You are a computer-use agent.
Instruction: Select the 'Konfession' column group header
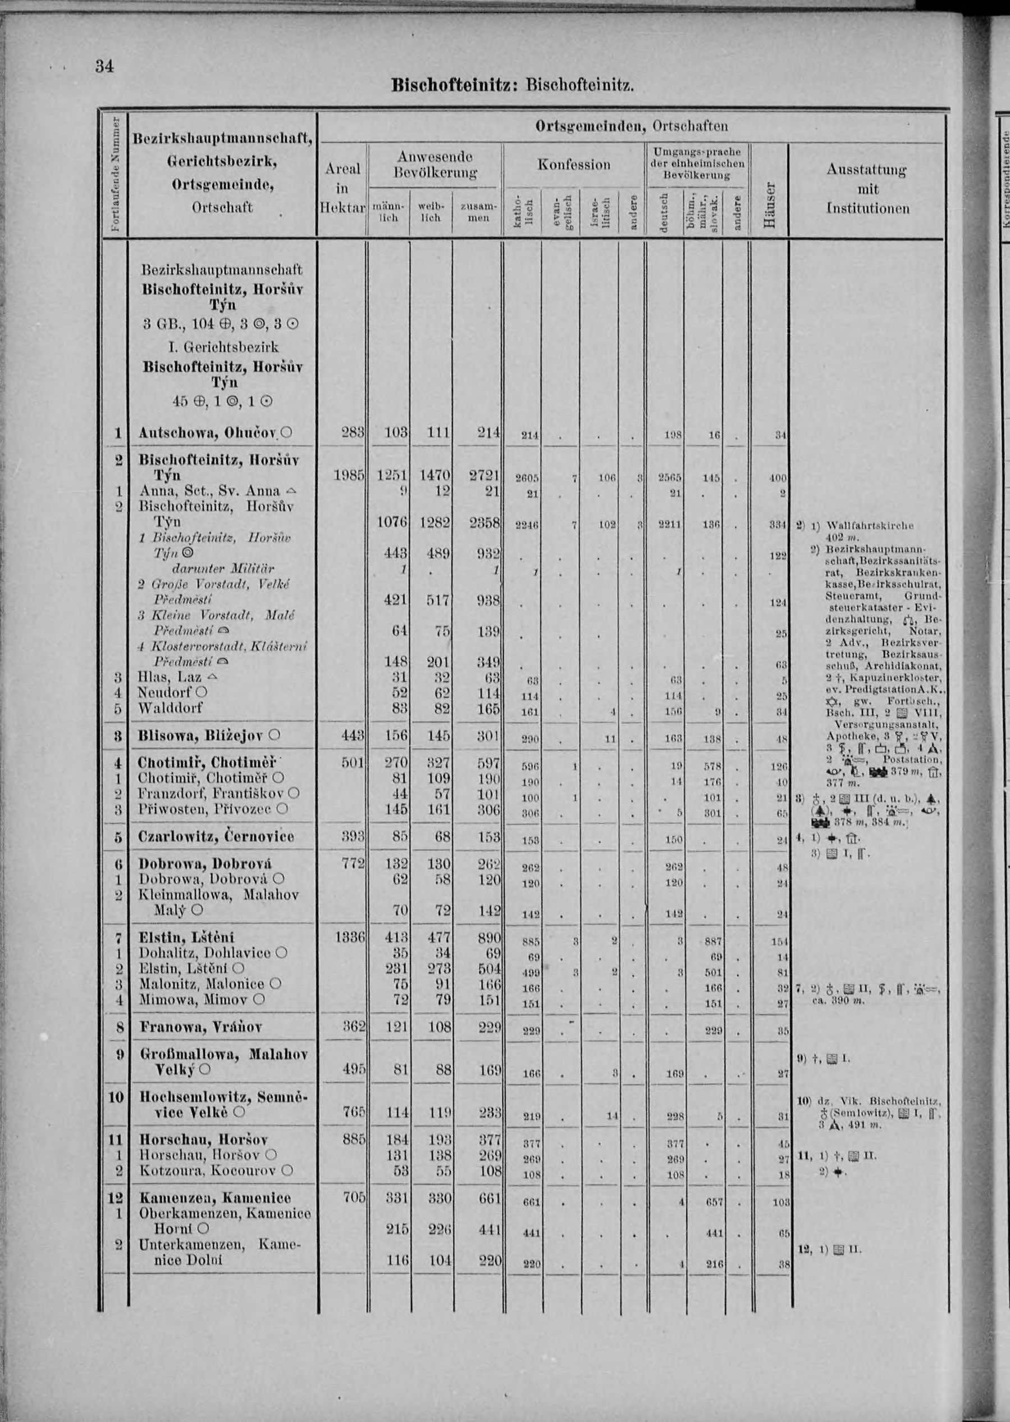(x=573, y=165)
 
